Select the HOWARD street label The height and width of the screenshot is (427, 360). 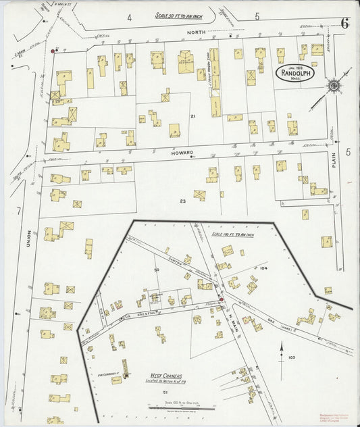point(183,153)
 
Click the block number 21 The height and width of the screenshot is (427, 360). point(192,117)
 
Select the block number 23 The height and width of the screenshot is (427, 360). point(182,201)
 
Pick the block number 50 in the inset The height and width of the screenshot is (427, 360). point(156,270)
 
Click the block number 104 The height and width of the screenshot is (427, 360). point(263,268)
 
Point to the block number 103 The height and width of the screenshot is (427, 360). point(291,357)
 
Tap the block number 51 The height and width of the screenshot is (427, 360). point(164,391)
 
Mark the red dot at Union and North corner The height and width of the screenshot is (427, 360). point(54,50)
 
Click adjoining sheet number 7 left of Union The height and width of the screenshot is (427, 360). point(19,212)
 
